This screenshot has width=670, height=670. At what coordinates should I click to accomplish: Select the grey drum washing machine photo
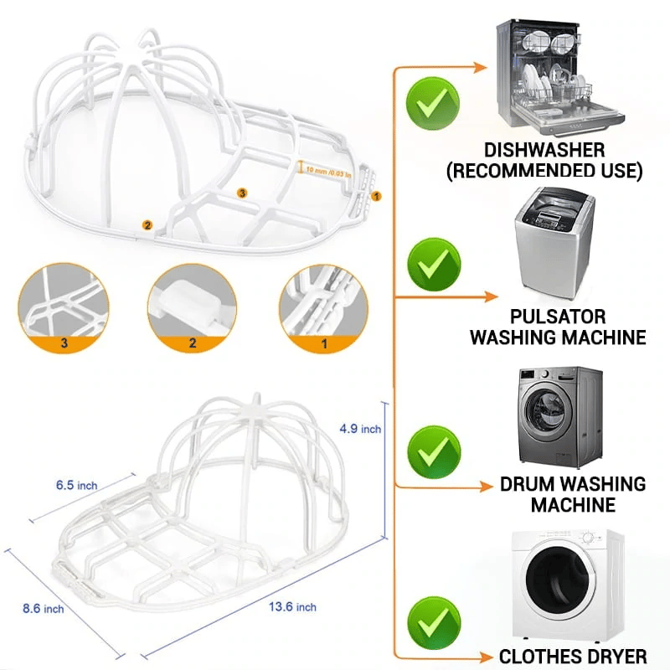(560, 416)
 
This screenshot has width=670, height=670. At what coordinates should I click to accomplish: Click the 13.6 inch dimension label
(292, 606)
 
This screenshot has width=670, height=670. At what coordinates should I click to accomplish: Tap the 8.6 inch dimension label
(43, 608)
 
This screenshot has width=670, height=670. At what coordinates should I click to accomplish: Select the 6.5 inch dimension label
(77, 485)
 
